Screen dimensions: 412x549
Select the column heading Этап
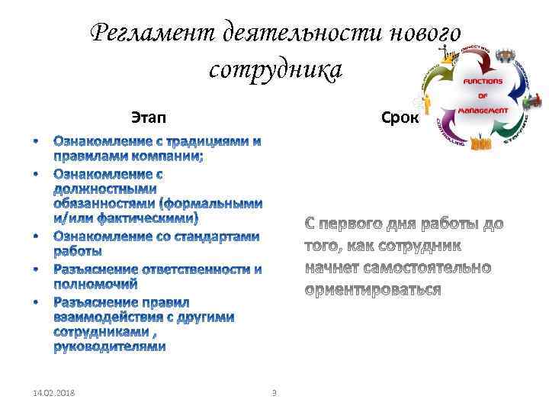point(147,118)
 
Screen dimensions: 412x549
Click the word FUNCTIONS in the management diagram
point(483,80)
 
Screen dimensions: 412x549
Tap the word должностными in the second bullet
point(105,188)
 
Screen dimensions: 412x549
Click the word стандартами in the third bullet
point(220,237)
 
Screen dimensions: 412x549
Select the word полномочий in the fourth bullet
point(95,284)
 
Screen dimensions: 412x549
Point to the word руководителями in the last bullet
point(110,347)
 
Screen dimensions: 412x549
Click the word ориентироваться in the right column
point(373,290)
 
